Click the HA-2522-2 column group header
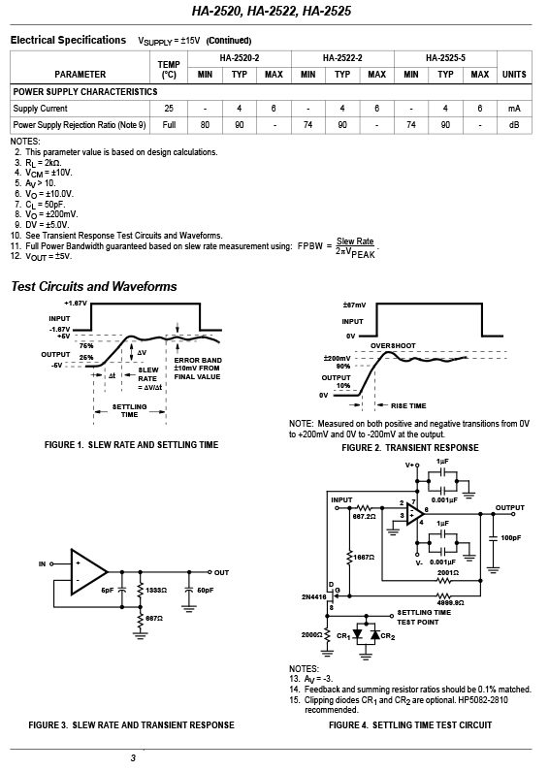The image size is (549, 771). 342,58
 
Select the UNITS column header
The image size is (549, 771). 514,75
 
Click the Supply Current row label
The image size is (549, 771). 40,109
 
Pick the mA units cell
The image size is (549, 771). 514,109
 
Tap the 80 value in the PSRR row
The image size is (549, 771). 205,125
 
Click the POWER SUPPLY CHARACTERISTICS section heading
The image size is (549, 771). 85,92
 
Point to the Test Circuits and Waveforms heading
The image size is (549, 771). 94,286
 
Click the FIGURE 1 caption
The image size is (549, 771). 131,444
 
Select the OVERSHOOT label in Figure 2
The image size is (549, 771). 393,345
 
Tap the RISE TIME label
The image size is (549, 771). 408,405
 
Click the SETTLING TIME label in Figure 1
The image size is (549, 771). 129,410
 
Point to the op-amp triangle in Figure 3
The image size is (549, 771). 88,572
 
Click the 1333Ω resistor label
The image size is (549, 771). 156,590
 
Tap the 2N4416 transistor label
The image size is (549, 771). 314,597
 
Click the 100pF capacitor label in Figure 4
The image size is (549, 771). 510,538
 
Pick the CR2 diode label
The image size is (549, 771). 388,636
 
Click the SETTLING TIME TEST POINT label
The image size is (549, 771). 424,617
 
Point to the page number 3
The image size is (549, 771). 133,757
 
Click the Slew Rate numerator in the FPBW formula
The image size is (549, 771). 355,241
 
